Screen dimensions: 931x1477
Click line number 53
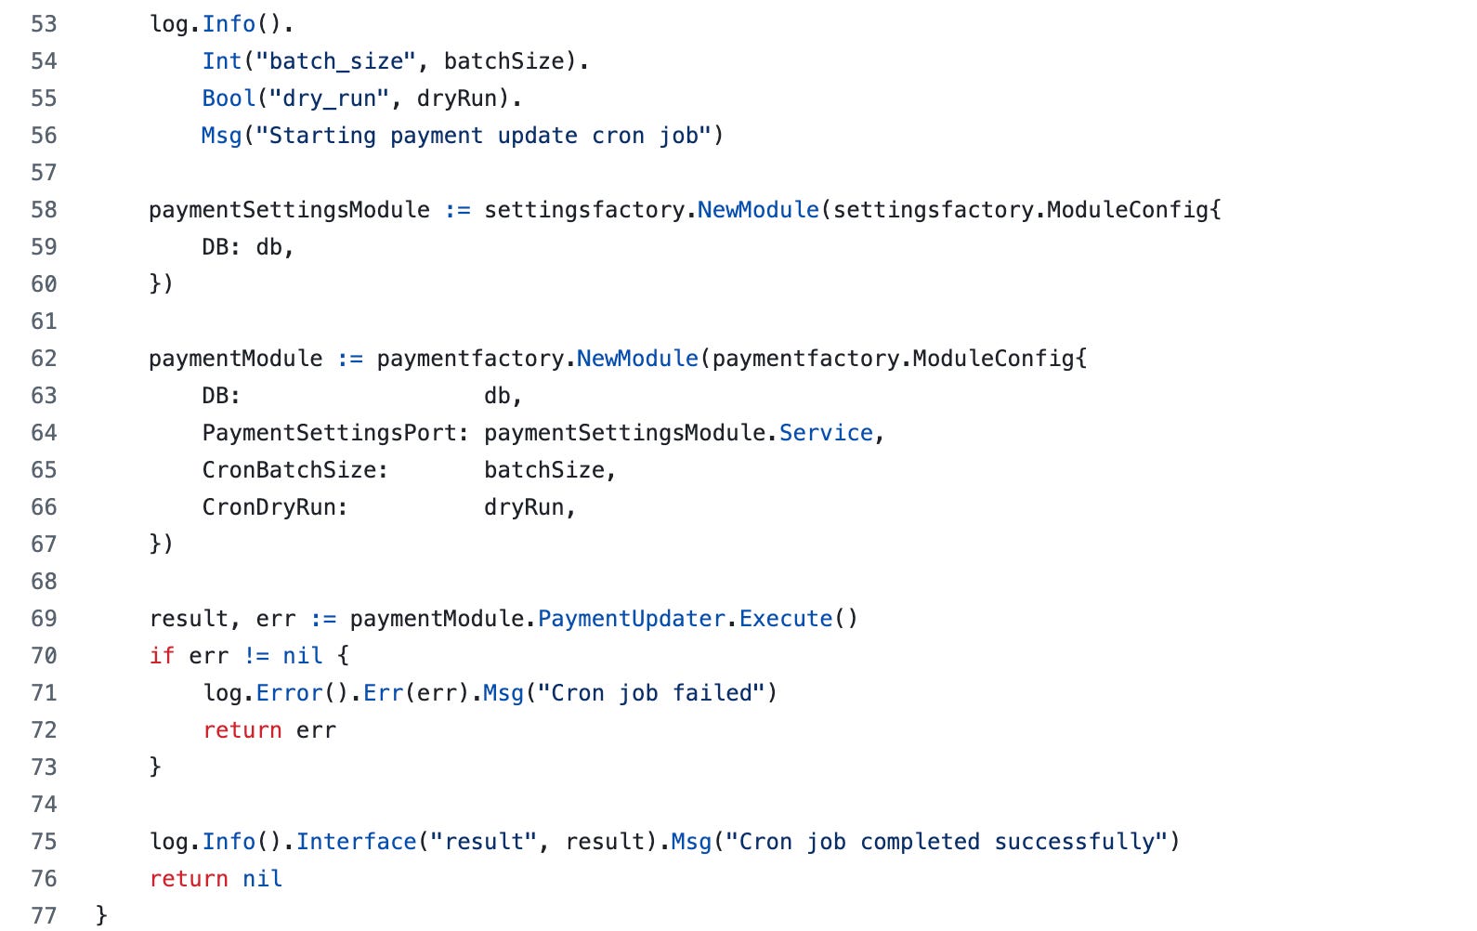[44, 24]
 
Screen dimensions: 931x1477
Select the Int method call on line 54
[222, 61]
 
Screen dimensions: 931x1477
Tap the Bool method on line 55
[229, 98]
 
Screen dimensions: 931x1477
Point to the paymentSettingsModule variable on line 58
[289, 210]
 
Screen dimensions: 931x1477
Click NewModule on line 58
[758, 210]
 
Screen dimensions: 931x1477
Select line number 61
[44, 321]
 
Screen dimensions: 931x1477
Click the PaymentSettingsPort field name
[330, 433]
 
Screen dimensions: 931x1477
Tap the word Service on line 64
[826, 433]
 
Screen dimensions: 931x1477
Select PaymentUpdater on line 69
[632, 619]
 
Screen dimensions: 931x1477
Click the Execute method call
[786, 619]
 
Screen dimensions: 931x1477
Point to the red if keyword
[162, 656]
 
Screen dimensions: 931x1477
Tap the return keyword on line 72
[242, 730]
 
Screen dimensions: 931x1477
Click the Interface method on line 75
[357, 842]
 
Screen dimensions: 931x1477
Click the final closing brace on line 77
[102, 916]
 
